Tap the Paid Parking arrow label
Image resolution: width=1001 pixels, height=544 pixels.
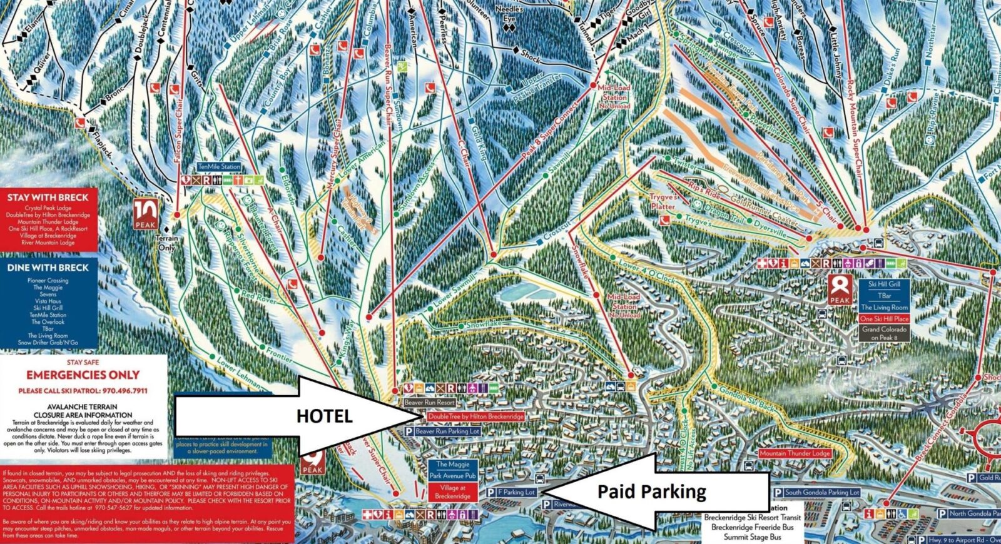[x=651, y=492]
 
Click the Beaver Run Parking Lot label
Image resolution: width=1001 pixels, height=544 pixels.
[x=447, y=431]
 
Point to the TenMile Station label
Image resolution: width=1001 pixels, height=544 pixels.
[x=219, y=167]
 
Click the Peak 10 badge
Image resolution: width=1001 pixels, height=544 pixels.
[x=145, y=214]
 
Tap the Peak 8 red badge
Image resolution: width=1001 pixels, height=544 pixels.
[x=840, y=290]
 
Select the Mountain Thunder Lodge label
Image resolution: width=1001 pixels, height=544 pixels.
[x=795, y=453]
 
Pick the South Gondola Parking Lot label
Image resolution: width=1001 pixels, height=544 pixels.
[x=821, y=493]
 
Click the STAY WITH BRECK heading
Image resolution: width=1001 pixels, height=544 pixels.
[x=48, y=198]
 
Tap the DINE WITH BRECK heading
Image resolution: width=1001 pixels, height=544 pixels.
[x=48, y=268]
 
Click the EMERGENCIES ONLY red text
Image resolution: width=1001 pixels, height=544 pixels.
[x=83, y=375]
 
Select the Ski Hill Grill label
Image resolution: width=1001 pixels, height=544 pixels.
[x=884, y=284]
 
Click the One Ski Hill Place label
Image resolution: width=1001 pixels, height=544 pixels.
[x=884, y=319]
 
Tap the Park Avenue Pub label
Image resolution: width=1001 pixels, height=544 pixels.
[x=452, y=476]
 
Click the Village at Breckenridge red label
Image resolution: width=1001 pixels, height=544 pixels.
[x=452, y=492]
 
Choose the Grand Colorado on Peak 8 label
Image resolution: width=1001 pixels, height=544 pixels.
[x=884, y=333]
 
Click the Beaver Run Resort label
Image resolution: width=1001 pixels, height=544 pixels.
[x=429, y=403]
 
